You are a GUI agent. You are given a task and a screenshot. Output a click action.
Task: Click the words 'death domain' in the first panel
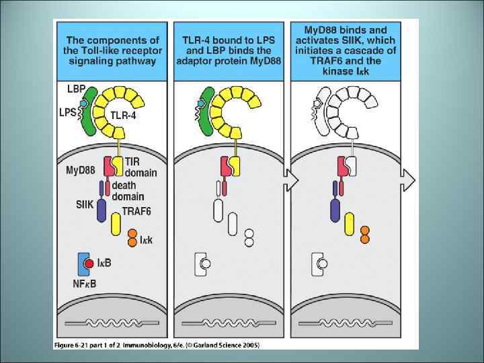click(x=128, y=191)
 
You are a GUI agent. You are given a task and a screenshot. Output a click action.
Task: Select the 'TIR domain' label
click(x=140, y=167)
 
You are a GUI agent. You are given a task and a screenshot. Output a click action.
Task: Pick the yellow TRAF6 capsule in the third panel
click(x=349, y=224)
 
